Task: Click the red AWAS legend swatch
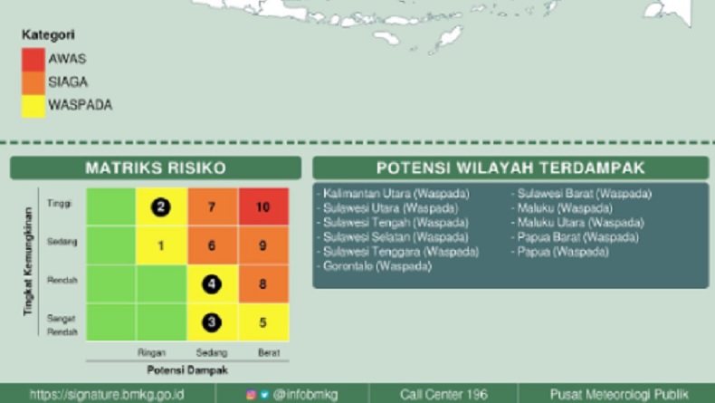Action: [33, 60]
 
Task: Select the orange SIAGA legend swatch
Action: [33, 82]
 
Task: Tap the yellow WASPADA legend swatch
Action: [33, 106]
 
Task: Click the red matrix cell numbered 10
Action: [262, 207]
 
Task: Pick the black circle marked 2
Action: [161, 207]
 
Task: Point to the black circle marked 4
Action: [212, 283]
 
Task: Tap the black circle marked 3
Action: [212, 321]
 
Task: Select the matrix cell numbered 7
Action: [212, 207]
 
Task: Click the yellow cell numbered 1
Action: [161, 245]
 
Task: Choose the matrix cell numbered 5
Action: [262, 321]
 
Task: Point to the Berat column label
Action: [268, 352]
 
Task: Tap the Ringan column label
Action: [151, 352]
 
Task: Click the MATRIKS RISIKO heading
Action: [156, 168]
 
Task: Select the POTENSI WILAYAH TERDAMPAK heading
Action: [510, 168]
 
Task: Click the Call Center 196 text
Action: [443, 394]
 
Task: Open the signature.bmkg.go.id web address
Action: [107, 394]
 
